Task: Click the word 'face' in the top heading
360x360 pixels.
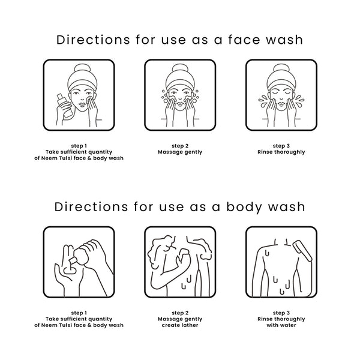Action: tap(244, 40)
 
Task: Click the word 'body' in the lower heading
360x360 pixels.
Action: tap(245, 208)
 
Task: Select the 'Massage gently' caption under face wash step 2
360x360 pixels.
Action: tap(180, 152)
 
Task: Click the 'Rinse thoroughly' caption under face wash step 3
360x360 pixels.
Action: tap(281, 152)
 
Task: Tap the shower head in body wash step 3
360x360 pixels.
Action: tap(302, 251)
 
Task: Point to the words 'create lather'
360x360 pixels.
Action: tap(180, 325)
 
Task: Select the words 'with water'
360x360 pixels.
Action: tap(281, 325)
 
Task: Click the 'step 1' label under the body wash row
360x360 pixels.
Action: tap(79, 313)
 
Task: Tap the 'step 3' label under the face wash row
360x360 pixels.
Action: tap(281, 146)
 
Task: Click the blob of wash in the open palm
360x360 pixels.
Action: tap(70, 270)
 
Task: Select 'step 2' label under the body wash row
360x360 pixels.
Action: tap(180, 313)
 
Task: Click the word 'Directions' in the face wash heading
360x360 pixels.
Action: tap(93, 40)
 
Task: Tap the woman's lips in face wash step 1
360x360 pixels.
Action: tap(82, 105)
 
